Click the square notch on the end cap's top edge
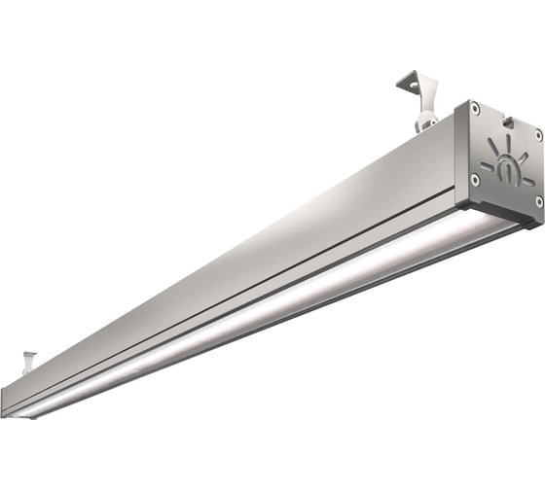[x=507, y=121]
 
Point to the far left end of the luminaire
[x=8, y=399]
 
